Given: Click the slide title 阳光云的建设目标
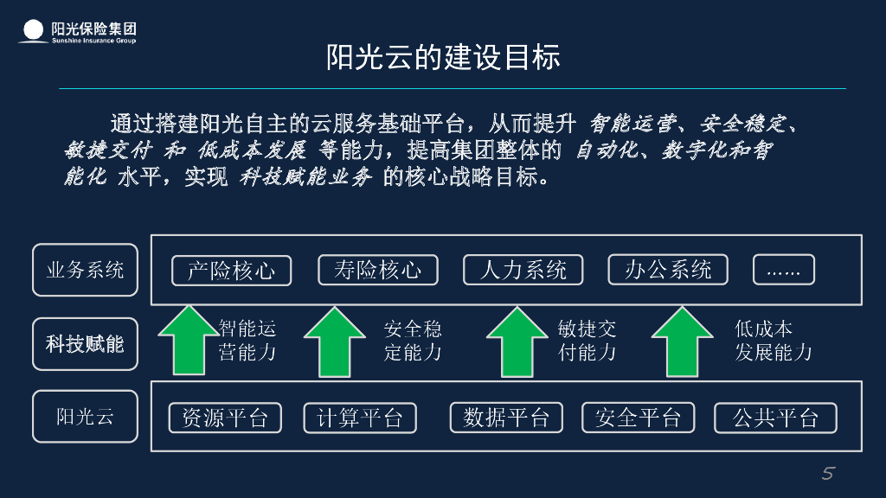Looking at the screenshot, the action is (443, 57).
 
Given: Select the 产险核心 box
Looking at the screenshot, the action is (231, 271).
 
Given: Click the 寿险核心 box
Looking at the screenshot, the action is (377, 270).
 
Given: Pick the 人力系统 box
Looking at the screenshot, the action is (523, 270).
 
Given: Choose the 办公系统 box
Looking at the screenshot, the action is (668, 270).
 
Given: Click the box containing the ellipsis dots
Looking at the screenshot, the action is (783, 270).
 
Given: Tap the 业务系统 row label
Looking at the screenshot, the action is (85, 270).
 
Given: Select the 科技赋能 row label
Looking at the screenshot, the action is (85, 344).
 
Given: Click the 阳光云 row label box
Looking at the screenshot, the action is (85, 417).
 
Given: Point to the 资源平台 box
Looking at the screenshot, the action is (224, 418).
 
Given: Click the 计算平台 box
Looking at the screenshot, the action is (360, 418).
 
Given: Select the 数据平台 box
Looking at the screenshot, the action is (506, 418).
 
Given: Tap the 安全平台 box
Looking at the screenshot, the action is (639, 418).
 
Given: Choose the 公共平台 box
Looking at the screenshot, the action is (775, 418).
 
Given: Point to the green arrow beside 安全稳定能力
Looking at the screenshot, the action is (335, 342).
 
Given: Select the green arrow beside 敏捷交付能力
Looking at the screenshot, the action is (517, 342).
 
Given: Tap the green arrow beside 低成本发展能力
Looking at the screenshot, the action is (682, 342).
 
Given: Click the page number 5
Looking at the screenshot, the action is (827, 473).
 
